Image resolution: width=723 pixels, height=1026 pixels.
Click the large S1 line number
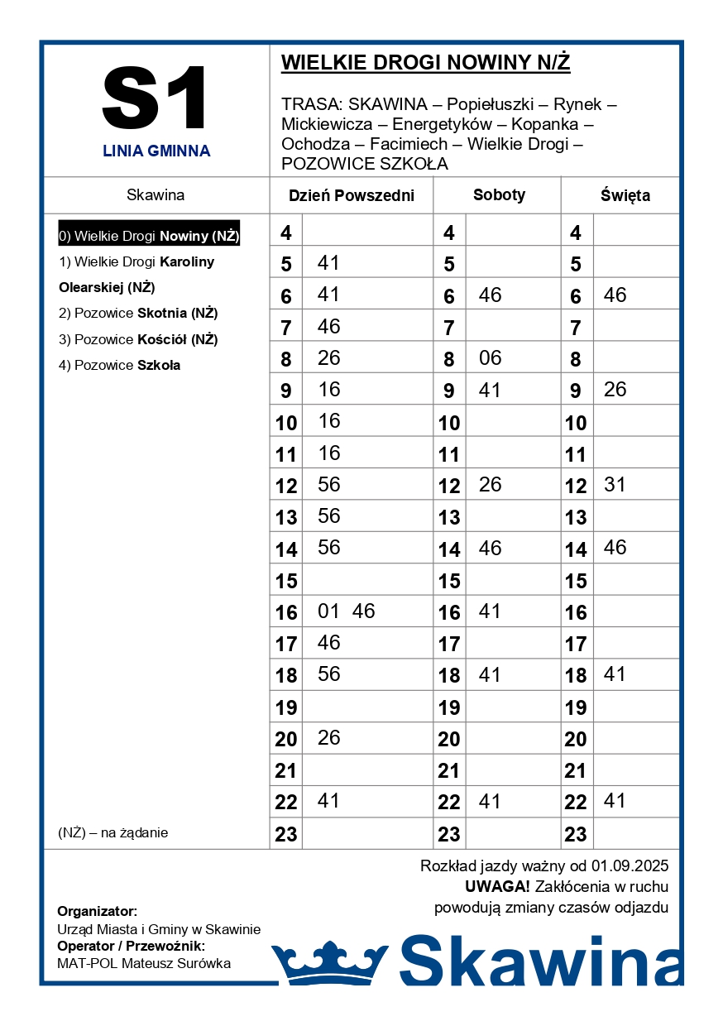click(x=156, y=98)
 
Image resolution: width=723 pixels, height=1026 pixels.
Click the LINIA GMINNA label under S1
click(x=156, y=151)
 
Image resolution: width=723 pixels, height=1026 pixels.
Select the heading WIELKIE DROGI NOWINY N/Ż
click(x=425, y=63)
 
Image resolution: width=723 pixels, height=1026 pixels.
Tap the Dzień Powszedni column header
click(x=351, y=196)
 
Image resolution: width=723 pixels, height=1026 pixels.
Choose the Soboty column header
click(x=499, y=195)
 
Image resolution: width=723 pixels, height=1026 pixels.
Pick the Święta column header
click(x=625, y=196)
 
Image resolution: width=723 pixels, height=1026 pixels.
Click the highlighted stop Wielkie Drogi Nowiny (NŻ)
click(x=149, y=236)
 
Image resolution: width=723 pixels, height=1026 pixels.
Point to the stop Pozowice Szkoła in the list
click(x=119, y=365)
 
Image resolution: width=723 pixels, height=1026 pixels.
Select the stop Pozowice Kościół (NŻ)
click(x=138, y=339)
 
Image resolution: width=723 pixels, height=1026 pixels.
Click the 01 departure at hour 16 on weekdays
click(x=329, y=611)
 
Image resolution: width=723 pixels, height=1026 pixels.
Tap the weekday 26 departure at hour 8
click(x=329, y=358)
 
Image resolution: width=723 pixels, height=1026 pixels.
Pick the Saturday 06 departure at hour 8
click(x=490, y=358)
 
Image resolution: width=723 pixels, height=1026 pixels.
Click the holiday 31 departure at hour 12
click(x=615, y=485)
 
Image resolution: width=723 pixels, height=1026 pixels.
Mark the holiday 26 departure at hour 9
click(x=615, y=390)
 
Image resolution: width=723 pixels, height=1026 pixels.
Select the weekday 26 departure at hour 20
click(x=329, y=738)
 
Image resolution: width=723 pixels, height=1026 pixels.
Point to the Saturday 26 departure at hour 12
click(x=490, y=485)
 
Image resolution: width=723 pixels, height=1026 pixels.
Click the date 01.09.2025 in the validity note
click(x=630, y=866)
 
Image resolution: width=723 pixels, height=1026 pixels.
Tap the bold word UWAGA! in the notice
click(x=497, y=887)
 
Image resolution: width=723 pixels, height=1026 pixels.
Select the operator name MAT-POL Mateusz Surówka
click(x=144, y=963)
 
